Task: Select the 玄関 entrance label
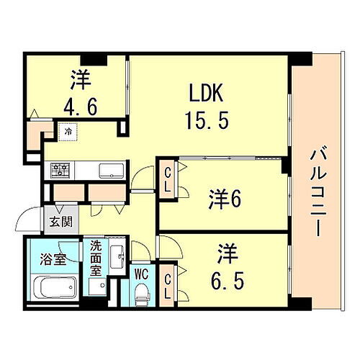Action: [55, 221]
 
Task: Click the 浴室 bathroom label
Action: [54, 258]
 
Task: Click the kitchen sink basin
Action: [112, 171]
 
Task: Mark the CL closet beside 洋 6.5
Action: [168, 282]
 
